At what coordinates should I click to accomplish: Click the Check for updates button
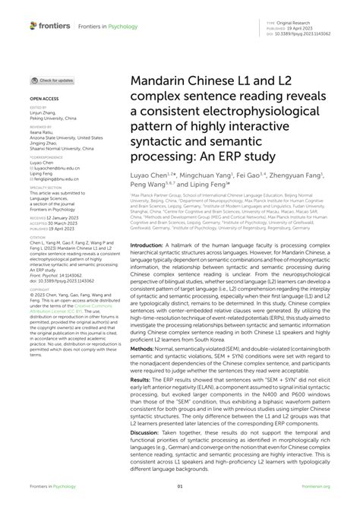click(52, 80)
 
